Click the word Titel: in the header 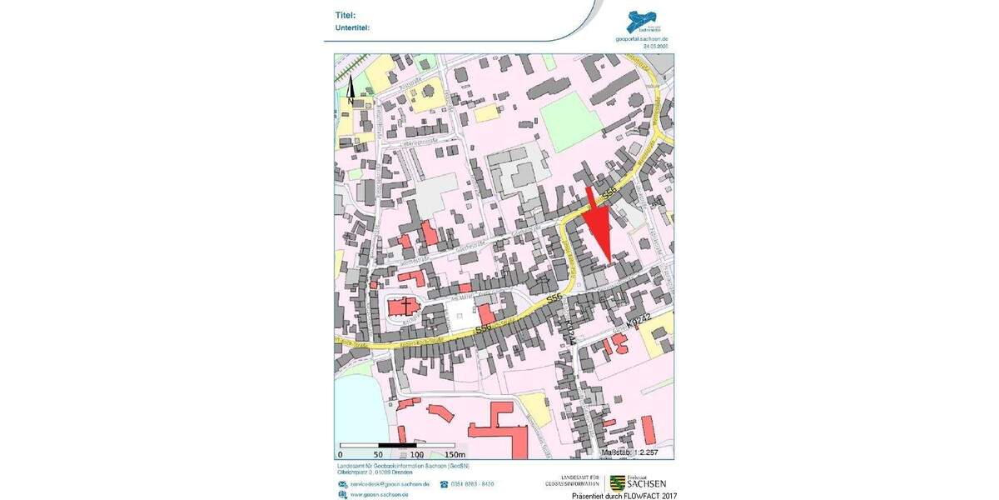[x=345, y=15]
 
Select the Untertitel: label [x=352, y=27]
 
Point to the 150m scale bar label [x=455, y=454]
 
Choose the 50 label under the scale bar [x=378, y=454]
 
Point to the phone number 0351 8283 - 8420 [x=472, y=484]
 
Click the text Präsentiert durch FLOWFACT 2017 [x=624, y=496]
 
